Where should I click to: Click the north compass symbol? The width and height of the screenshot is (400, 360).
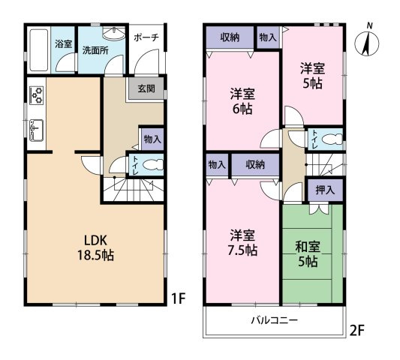pos(367,42)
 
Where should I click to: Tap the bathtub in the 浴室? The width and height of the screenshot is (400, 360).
pos(39,50)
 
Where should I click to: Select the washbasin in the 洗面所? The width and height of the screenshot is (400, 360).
pos(114,34)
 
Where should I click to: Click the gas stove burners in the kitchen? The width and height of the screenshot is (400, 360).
pos(37,95)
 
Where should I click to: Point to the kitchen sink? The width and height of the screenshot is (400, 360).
pos(37,130)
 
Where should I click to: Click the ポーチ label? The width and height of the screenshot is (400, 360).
pos(146,37)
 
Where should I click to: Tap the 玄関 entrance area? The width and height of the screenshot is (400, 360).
pos(146,88)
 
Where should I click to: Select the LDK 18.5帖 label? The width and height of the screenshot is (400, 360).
pos(95,247)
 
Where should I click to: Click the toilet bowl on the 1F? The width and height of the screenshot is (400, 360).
pos(152,164)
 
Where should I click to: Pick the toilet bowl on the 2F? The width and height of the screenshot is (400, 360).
pos(332,139)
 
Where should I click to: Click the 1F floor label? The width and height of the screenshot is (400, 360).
pos(178,298)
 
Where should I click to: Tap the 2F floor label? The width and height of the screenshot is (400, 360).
pos(356,331)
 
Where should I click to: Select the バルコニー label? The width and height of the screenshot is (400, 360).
pos(274,319)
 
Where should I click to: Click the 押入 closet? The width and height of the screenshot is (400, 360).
pos(325,190)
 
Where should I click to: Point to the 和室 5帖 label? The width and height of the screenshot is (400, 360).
pos(308,254)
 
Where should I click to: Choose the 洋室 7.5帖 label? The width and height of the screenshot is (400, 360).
pos(242,243)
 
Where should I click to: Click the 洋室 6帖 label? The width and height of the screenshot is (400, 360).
pos(242,101)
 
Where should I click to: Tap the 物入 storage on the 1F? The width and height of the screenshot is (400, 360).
pos(152,139)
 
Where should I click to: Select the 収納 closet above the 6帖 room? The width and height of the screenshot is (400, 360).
pos(230,37)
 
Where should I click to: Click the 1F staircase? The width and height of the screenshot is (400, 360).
pos(134,190)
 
